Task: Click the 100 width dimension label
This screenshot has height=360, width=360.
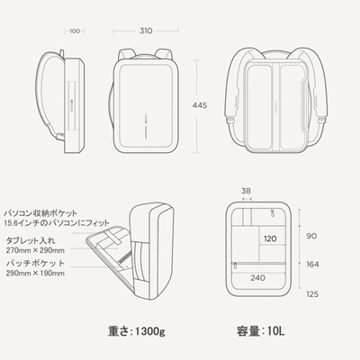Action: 75,31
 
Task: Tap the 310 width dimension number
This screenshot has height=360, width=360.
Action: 146,31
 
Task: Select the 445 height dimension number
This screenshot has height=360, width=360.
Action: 200,105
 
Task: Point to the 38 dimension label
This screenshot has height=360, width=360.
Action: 246,191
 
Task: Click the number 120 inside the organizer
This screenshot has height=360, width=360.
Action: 270,238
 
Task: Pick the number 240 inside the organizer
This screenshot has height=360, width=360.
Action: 258,278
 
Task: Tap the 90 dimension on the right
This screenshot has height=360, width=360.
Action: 311,236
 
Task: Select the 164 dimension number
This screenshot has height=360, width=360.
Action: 312,265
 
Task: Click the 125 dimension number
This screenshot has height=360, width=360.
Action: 312,294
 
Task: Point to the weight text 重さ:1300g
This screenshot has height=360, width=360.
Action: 137,331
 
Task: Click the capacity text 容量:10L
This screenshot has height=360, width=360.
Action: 260,331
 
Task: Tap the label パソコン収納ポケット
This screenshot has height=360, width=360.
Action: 40,213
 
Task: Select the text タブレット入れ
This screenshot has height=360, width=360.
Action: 31,240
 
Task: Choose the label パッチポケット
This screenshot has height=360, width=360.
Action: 35,264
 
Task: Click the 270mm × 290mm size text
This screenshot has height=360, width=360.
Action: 35,250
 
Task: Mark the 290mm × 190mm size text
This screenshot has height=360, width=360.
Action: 35,273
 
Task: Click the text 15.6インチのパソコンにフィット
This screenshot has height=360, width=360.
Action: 57,223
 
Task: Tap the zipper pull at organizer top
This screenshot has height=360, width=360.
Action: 273,212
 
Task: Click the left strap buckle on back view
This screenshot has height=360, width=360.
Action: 230,121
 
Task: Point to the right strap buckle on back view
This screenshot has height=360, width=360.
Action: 321,120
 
